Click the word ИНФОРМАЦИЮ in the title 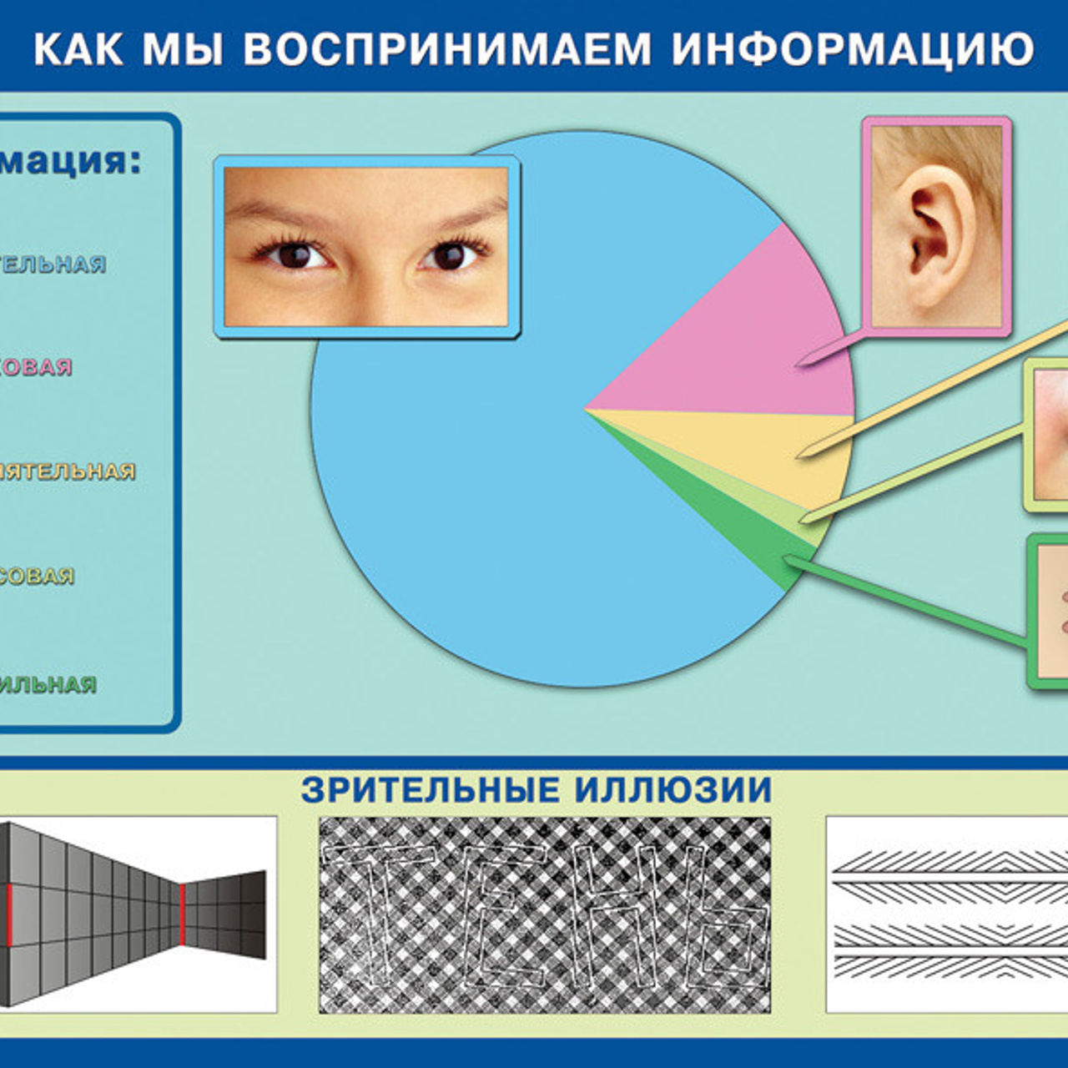[853, 48]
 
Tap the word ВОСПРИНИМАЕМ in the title [447, 48]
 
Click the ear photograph [936, 225]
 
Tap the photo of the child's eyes [366, 247]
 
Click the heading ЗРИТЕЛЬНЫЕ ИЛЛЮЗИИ [536, 790]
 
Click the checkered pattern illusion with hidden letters [544, 914]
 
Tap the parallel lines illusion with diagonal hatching [947, 914]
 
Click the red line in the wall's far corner [182, 914]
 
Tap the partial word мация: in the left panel [70, 161]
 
